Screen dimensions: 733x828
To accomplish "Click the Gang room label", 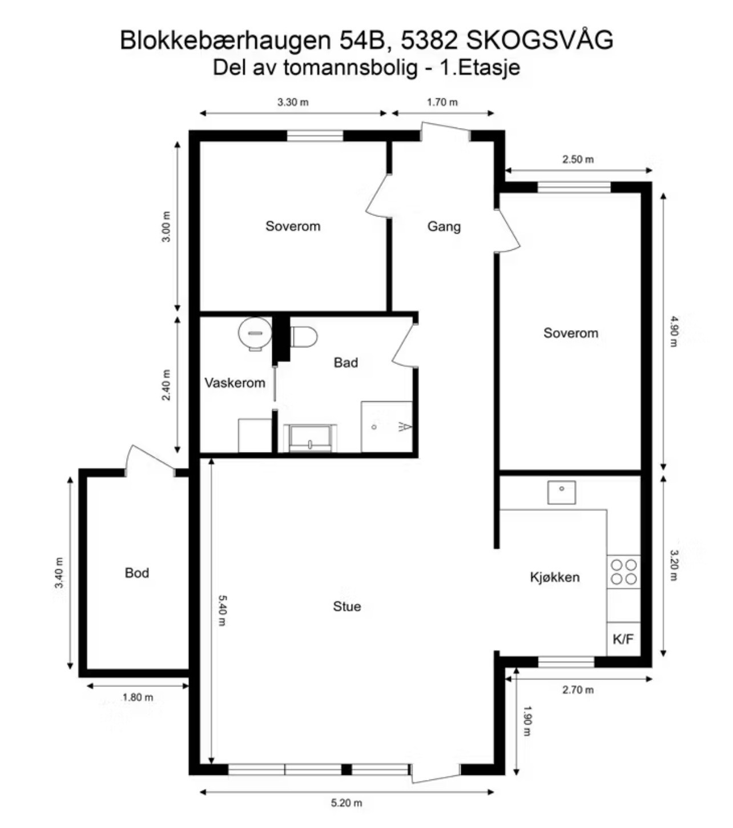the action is [444, 226].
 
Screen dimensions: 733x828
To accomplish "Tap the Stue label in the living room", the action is [347, 606].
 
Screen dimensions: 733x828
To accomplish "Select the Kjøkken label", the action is [554, 577].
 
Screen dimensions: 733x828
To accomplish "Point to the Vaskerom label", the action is [235, 383].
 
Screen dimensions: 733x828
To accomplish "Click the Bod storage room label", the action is [137, 573].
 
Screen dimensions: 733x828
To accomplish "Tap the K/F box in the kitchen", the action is [623, 639].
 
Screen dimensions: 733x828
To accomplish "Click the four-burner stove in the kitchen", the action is [623, 572].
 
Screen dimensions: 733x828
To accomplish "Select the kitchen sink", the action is [562, 493].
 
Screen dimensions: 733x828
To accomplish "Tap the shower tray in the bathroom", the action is [386, 427].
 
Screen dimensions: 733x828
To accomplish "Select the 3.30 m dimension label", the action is [293, 102].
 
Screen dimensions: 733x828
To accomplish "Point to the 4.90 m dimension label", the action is [674, 331].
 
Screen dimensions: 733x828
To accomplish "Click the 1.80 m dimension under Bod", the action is [138, 697].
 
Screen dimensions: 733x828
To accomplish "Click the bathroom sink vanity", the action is [311, 438].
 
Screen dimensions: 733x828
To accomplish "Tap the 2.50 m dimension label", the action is [578, 159].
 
